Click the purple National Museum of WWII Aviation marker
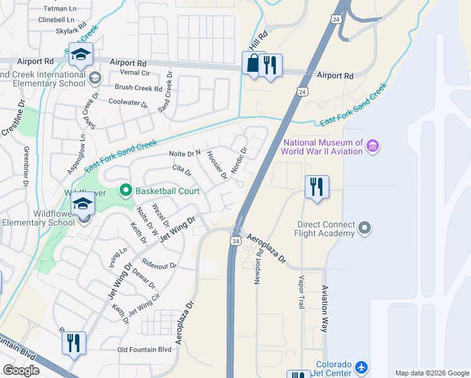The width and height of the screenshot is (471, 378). coord(373,147)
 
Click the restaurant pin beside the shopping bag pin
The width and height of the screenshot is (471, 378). coord(270,66)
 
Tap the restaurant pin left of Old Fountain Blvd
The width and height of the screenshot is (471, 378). coord(74,343)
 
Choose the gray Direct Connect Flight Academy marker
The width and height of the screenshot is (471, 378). coord(365,229)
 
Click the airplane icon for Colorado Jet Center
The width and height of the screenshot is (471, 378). coord(361,367)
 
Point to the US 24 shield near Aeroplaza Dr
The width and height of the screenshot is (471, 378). coord(235,241)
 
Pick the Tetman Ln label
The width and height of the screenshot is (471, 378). coord(59,9)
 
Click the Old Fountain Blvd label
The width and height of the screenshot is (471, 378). coord(144,350)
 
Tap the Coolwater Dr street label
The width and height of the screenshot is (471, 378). coord(128,104)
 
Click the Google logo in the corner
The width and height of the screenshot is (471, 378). coord(21,370)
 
